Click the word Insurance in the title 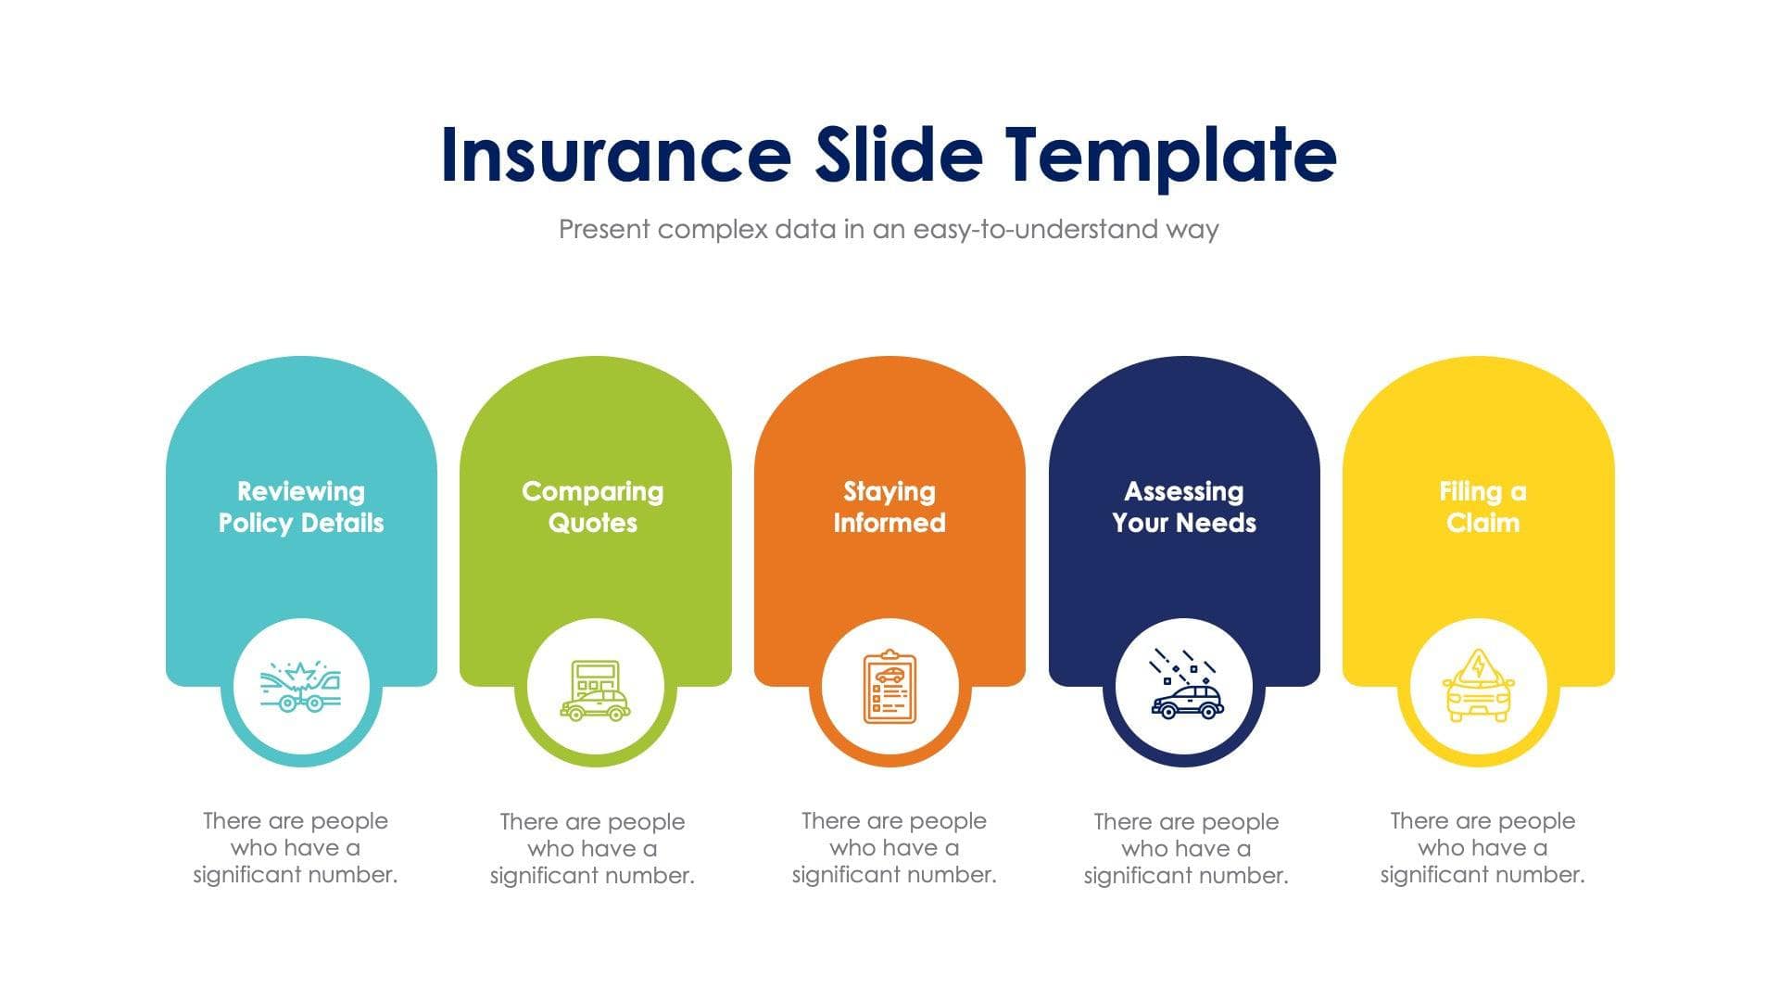(615, 154)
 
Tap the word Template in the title (1170, 154)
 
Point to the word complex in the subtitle (713, 229)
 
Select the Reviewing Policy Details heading (301, 507)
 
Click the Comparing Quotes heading (593, 507)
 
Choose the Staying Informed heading (889, 507)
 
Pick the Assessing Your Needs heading (1184, 507)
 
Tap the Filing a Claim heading (1482, 507)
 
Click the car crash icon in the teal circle (301, 687)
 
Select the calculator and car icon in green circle (595, 691)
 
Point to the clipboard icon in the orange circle (889, 687)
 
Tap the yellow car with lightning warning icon (1479, 687)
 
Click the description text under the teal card (296, 848)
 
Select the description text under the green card (592, 849)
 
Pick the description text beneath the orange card (894, 848)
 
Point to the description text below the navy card (1186, 849)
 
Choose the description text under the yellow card (1482, 848)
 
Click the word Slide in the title (898, 154)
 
